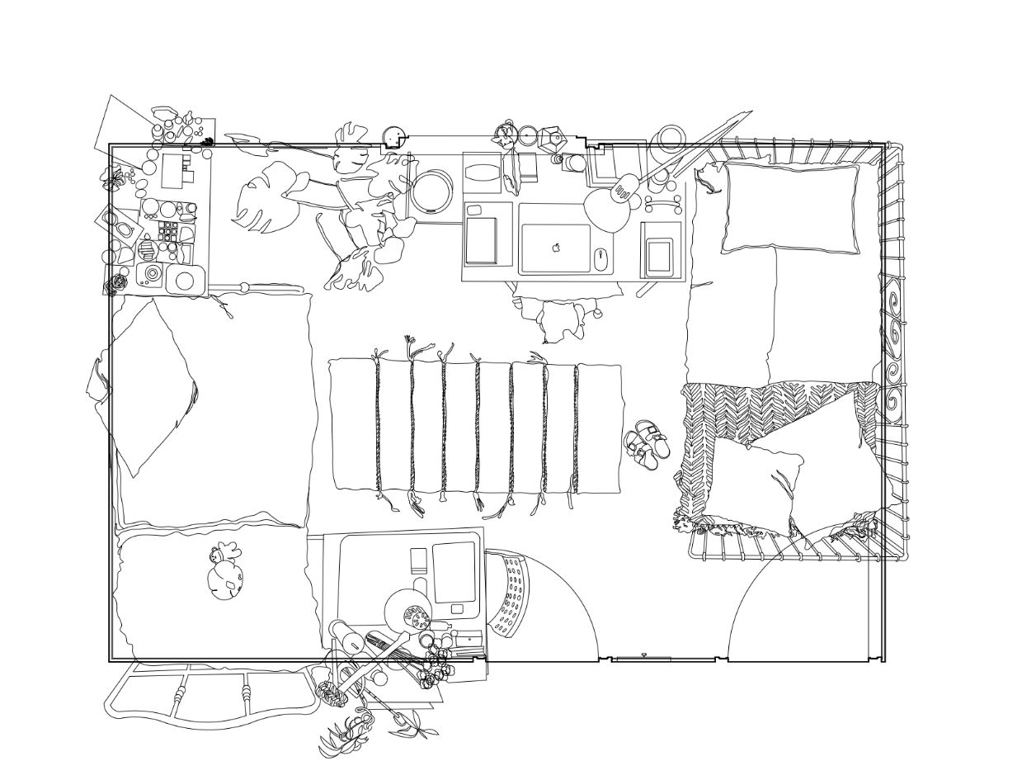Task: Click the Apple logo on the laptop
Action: [x=557, y=246]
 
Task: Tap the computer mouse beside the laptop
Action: [x=600, y=258]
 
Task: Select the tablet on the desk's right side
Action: [x=659, y=257]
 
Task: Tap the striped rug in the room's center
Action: [x=476, y=427]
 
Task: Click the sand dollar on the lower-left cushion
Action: [x=226, y=581]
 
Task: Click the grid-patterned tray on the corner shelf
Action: [x=168, y=231]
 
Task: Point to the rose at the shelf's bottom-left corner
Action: [x=117, y=283]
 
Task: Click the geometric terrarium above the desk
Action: [x=552, y=139]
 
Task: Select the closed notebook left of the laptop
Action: [x=482, y=240]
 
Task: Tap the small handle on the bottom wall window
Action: [x=643, y=655]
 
